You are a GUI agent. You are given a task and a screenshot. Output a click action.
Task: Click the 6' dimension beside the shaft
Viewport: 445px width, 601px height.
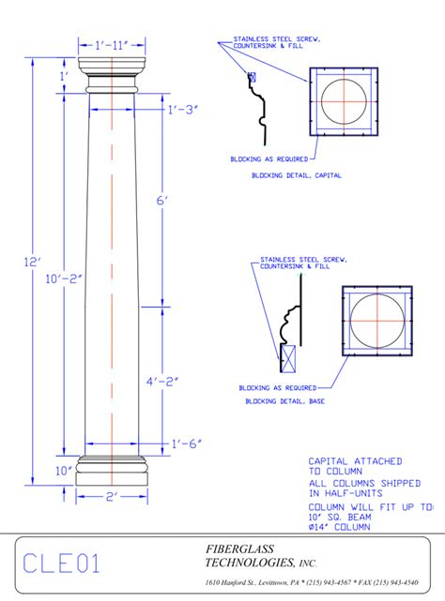point(161,201)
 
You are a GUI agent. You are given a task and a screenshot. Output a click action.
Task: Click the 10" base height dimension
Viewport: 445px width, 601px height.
point(64,471)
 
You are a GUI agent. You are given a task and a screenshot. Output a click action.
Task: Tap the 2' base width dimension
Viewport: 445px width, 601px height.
point(113,497)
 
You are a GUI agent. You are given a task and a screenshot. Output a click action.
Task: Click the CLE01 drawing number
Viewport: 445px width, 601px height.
point(61,563)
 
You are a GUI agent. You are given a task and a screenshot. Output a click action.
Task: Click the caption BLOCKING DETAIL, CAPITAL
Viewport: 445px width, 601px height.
point(296,175)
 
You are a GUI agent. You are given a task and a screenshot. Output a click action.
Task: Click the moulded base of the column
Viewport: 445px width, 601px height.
point(112,472)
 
